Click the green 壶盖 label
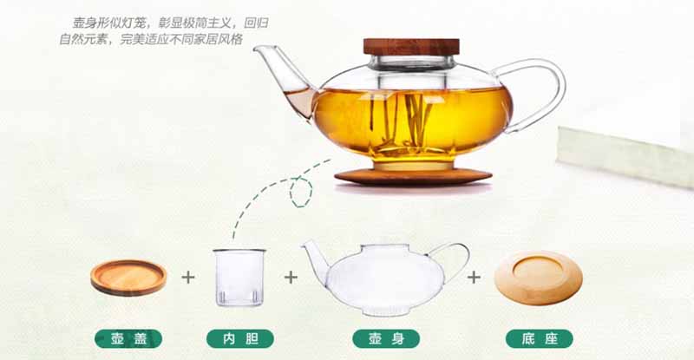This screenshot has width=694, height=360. tap(128, 338)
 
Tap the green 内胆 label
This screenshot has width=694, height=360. tap(240, 338)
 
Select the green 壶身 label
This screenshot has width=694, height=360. tap(386, 338)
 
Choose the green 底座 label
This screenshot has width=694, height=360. tap(539, 338)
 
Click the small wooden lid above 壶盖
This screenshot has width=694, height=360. tap(128, 278)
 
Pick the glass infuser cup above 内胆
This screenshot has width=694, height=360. tap(239, 278)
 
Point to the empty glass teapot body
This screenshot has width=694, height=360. tap(385, 279)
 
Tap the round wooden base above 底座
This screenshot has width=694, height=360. tap(538, 278)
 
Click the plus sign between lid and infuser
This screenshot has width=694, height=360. tap(188, 278)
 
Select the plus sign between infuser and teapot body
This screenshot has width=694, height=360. tap(291, 278)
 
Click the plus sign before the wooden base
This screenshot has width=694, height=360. tap(474, 278)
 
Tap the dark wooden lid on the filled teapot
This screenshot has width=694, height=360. tap(411, 47)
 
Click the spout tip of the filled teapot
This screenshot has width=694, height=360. tap(256, 49)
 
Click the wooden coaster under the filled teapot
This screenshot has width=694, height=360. tap(413, 177)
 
